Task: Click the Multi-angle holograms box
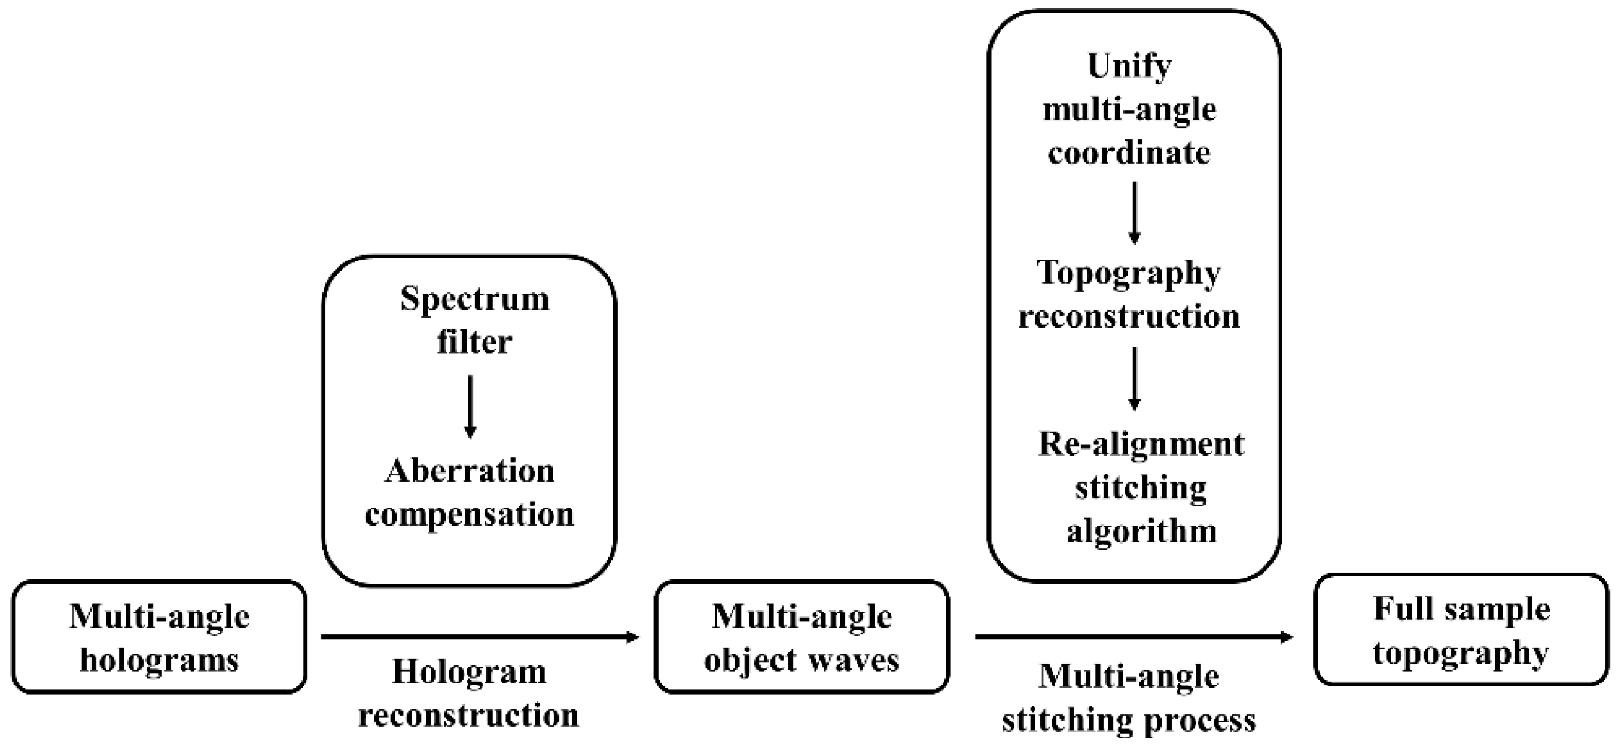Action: coord(159,637)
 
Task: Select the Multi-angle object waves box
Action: coord(802,637)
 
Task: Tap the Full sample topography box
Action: coord(1461,630)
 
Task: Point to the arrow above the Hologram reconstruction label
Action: coord(480,637)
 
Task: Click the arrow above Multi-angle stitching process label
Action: coord(1134,637)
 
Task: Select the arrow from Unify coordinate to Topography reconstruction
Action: coord(1134,213)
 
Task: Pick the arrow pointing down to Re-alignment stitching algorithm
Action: coord(1134,378)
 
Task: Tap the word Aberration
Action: coord(470,471)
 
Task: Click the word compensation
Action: coord(470,514)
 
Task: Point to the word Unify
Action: coord(1129,66)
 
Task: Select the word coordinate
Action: coord(1129,153)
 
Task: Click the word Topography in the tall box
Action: coord(1129,274)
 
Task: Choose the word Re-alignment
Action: coord(1141,444)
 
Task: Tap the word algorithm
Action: coord(1141,531)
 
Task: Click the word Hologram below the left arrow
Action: coord(470,673)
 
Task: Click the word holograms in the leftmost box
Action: coord(159,661)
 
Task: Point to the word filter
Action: coord(474,343)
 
